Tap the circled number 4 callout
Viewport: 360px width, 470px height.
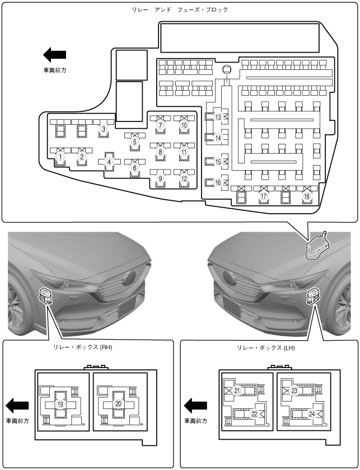click(110, 162)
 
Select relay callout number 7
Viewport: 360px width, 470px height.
click(160, 125)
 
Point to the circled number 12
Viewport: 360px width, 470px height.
click(184, 178)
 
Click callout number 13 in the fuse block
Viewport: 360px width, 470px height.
click(218, 117)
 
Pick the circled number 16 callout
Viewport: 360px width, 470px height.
click(218, 182)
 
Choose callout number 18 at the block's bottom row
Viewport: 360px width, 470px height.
click(306, 196)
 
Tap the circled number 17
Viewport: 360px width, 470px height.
click(264, 196)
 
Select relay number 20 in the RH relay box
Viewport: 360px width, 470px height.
click(118, 403)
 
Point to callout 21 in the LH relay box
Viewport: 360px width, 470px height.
click(237, 391)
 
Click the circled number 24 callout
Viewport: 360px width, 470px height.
click(311, 414)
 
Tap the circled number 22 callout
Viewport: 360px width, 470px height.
click(254, 414)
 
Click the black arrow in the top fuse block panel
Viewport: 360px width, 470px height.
click(54, 55)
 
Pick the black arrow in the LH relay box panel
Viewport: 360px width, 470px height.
click(195, 405)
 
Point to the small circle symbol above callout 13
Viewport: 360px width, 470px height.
click(227, 70)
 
